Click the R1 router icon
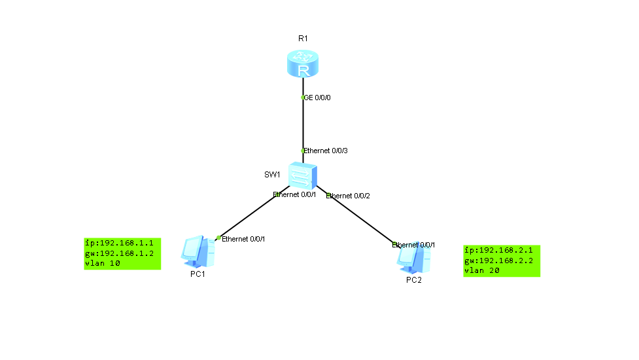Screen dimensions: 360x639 click(302, 63)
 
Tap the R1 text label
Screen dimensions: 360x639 click(302, 39)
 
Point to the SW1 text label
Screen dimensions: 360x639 click(272, 175)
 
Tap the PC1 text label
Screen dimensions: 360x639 click(198, 274)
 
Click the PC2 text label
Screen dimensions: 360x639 click(413, 280)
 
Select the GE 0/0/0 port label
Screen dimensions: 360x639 click(319, 98)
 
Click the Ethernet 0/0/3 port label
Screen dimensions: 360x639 click(326, 151)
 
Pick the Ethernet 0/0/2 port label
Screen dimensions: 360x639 click(348, 196)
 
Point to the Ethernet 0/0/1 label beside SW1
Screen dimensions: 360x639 click(294, 194)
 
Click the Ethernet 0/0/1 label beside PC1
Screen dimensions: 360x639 click(243, 239)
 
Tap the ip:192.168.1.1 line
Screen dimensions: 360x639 click(119, 242)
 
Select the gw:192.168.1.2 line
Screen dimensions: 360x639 click(119, 253)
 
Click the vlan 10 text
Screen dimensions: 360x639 click(103, 263)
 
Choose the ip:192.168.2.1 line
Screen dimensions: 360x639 click(498, 250)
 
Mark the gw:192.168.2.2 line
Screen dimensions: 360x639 click(498, 261)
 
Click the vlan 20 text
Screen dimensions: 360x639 click(483, 270)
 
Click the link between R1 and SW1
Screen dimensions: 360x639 click(303, 124)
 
